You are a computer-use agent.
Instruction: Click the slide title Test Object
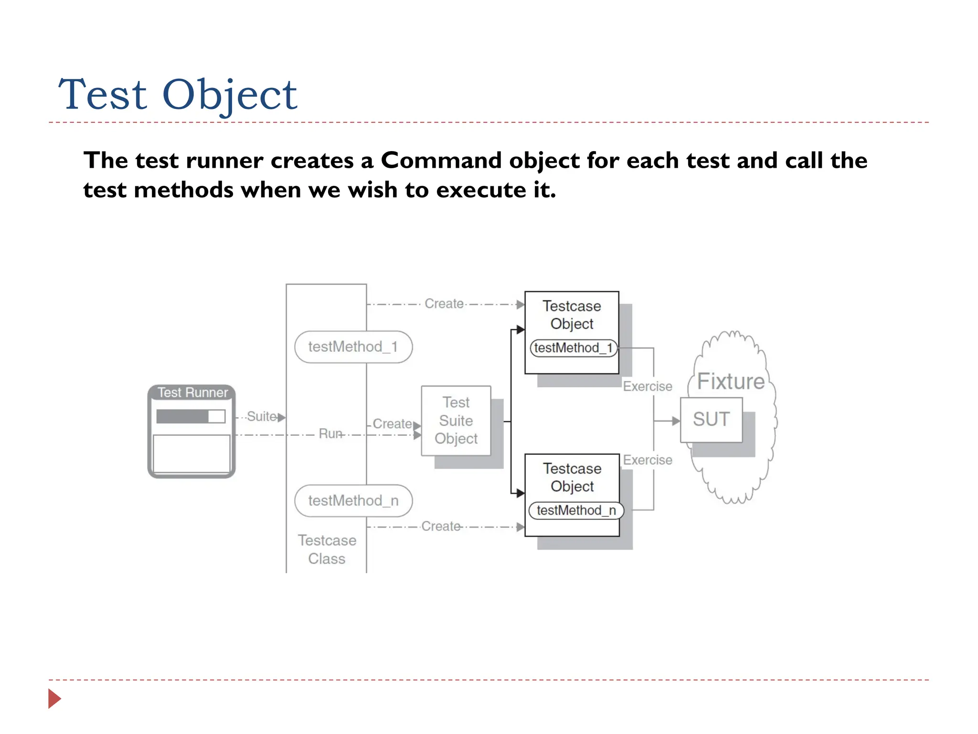178,94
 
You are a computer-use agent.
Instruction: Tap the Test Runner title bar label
192,392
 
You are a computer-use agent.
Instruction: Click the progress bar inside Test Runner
191,416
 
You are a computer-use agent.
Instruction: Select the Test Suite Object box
456,421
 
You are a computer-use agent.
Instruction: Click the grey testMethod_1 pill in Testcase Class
353,347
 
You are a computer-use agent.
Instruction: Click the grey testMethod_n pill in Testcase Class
353,501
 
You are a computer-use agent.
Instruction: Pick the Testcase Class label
327,550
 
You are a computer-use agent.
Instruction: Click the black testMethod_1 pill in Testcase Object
573,348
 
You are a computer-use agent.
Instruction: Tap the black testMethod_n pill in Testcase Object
576,510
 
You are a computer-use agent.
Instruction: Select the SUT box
711,420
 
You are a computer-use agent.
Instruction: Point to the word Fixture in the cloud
730,381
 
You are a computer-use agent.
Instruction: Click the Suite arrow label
261,416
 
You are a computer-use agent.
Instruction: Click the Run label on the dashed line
330,434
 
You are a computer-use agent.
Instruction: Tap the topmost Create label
444,304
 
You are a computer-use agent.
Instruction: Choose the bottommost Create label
440,527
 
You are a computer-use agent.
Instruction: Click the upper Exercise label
647,386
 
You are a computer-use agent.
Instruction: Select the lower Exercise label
647,460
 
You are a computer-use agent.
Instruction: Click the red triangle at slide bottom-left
54,699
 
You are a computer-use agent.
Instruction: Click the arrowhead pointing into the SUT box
675,421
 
